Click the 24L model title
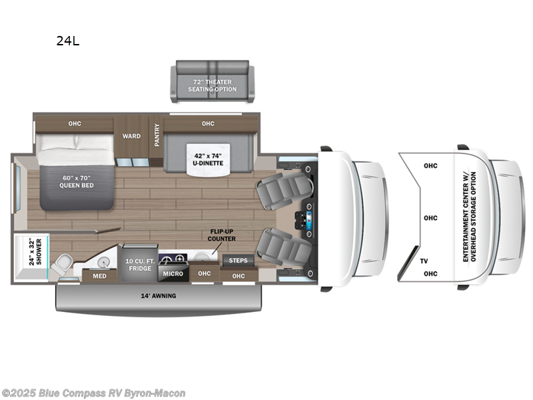pyautogui.click(x=67, y=41)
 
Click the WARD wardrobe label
pyautogui.click(x=131, y=136)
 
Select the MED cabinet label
pyautogui.click(x=99, y=276)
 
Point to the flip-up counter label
pyautogui.click(x=221, y=235)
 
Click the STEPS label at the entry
pyautogui.click(x=238, y=261)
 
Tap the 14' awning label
pyautogui.click(x=157, y=295)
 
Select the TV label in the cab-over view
pyautogui.click(x=424, y=261)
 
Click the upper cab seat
pyautogui.click(x=280, y=187)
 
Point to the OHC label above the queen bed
pyautogui.click(x=74, y=123)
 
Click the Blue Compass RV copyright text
pyautogui.click(x=93, y=393)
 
